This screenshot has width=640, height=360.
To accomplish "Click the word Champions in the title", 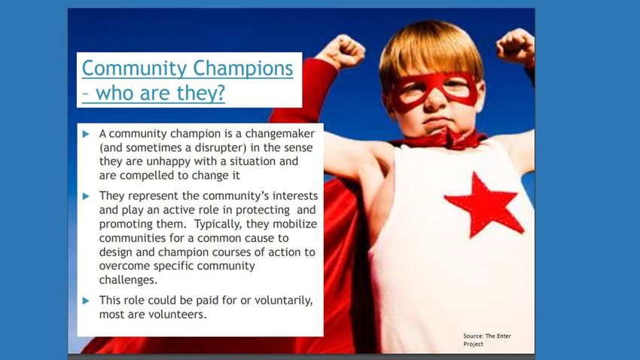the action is click(x=243, y=69).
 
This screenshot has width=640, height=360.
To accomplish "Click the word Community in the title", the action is click(x=134, y=69).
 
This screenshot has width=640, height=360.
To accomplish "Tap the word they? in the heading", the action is click(x=201, y=93).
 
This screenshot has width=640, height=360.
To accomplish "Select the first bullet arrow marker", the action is click(x=86, y=134).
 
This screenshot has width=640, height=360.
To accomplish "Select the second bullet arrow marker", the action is click(x=86, y=196).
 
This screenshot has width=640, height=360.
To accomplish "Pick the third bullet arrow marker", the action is click(x=86, y=301).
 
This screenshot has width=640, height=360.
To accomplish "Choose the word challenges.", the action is click(x=128, y=280).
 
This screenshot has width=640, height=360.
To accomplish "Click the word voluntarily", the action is click(x=284, y=301).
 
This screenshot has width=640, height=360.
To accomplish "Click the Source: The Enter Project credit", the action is click(x=487, y=340).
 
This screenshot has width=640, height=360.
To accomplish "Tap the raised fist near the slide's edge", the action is click(x=516, y=46).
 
